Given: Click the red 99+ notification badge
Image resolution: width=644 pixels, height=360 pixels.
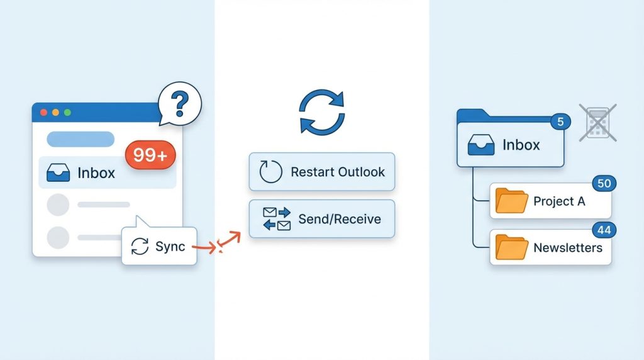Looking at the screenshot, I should (x=150, y=155).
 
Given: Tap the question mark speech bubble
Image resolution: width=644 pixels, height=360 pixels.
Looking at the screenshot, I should (x=180, y=103).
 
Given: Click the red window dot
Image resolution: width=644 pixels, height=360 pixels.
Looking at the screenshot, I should (x=43, y=112).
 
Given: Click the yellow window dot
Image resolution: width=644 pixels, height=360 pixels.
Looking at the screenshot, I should (x=55, y=112).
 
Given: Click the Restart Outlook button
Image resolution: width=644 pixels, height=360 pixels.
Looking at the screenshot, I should (x=321, y=171).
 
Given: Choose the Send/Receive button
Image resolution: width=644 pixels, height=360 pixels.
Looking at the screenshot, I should (x=321, y=219).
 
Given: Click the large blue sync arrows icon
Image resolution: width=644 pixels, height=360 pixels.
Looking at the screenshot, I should (x=321, y=112).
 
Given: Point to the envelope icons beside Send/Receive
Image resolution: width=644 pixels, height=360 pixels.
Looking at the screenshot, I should (x=276, y=219).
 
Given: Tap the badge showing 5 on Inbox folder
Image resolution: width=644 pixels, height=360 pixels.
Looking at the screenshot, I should (x=560, y=122).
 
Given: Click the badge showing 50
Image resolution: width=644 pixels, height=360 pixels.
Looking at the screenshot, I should (x=604, y=183).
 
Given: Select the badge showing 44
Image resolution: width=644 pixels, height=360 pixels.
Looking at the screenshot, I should (x=604, y=230).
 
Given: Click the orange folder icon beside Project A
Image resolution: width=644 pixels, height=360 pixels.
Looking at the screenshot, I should (x=511, y=201).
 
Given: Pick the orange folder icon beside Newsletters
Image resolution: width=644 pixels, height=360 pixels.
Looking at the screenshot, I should (x=511, y=247).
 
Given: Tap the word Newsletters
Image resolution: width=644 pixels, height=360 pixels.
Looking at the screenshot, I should (x=567, y=247).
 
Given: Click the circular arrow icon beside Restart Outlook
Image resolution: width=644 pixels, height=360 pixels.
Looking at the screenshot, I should (x=271, y=171).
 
